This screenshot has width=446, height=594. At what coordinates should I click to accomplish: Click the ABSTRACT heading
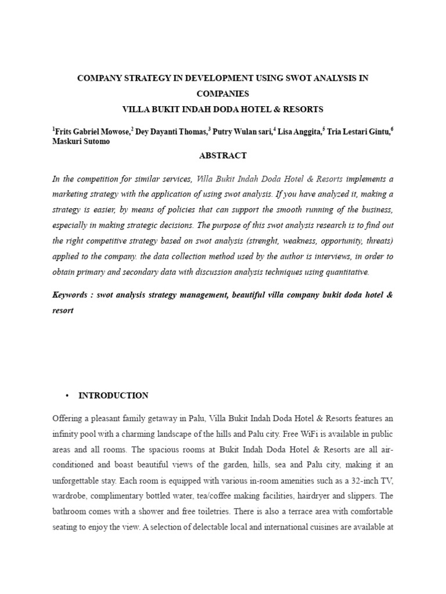(223, 155)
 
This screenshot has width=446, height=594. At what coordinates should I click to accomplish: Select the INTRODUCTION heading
(113, 396)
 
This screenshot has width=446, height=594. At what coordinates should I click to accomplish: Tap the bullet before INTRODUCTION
(68, 396)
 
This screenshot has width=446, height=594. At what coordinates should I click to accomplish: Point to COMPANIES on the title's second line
(222, 93)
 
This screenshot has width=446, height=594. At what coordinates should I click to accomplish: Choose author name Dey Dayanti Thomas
(171, 132)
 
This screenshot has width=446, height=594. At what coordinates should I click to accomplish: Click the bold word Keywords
(72, 295)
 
